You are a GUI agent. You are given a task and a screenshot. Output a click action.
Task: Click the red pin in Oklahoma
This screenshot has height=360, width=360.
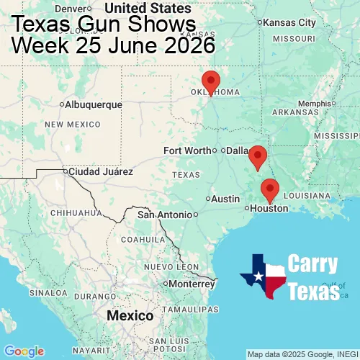click(x=210, y=82)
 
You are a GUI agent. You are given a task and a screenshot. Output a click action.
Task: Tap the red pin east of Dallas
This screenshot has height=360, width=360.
click(x=257, y=156)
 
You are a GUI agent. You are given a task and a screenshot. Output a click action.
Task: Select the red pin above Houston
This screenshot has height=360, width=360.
click(x=270, y=189)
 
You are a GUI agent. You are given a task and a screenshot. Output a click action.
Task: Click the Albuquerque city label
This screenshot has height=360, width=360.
click(x=93, y=104)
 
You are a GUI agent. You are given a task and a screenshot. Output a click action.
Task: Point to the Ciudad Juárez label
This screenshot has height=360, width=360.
click(x=100, y=172)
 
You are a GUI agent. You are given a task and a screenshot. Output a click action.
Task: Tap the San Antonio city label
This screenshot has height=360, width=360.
click(x=165, y=215)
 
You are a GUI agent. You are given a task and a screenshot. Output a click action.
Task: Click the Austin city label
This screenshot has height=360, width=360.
click(x=225, y=199)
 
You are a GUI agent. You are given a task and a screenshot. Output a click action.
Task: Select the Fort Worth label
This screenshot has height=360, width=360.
click(x=187, y=150)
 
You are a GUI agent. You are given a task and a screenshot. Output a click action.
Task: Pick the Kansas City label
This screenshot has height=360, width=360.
click(x=289, y=22)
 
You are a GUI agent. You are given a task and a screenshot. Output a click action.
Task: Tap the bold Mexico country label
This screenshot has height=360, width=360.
click(x=130, y=316)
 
